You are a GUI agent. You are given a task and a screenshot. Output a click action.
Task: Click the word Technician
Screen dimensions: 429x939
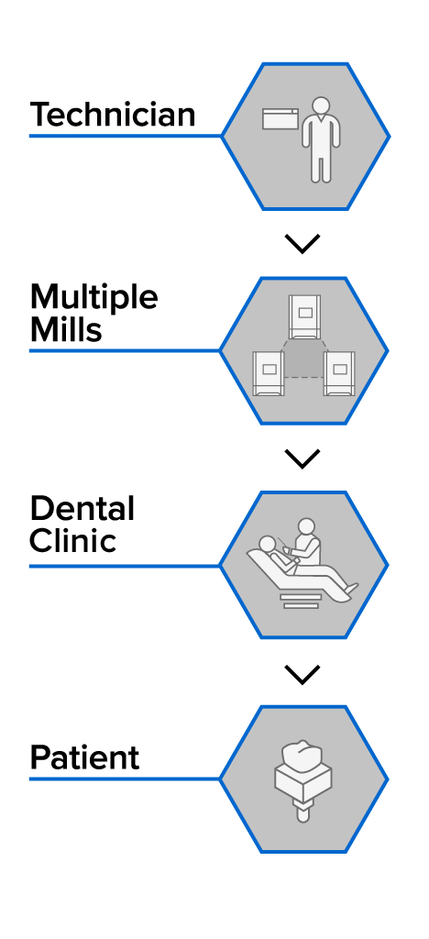tap(113, 115)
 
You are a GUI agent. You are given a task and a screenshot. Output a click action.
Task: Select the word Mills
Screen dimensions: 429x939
tap(66, 329)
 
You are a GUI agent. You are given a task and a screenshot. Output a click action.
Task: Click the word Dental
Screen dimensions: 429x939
tap(82, 509)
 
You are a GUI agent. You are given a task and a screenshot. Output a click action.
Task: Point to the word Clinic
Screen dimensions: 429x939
tap(72, 541)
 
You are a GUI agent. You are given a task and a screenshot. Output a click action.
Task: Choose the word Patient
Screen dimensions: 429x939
tap(84, 757)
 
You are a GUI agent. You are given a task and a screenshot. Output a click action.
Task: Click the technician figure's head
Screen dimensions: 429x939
tap(321, 106)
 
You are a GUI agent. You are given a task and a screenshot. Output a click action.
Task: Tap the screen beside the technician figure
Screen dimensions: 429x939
tap(280, 118)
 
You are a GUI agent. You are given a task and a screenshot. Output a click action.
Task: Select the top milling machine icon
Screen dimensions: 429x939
tap(304, 317)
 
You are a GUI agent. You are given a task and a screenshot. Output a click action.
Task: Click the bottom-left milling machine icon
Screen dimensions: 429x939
tap(269, 374)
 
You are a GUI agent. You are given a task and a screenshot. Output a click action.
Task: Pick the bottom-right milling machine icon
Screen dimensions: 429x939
tap(339, 374)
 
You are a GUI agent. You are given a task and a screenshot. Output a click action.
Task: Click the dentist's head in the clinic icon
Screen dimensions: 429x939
tap(306, 527)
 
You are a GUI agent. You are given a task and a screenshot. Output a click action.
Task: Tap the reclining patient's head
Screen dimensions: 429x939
tap(265, 545)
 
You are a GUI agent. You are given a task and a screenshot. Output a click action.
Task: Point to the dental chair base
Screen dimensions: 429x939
tap(301, 601)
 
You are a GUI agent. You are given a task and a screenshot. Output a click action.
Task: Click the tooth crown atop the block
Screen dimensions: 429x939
tap(303, 756)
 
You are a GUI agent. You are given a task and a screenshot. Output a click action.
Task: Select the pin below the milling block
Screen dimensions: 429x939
tap(303, 812)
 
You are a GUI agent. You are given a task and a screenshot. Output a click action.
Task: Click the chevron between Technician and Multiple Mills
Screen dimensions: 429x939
tap(302, 243)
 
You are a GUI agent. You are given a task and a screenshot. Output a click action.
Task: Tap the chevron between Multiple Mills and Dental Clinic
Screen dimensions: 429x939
tap(302, 458)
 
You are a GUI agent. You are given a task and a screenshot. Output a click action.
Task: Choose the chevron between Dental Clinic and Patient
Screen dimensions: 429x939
tap(302, 674)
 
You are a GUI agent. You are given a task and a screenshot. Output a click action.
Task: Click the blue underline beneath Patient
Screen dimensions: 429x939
tap(125, 779)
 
